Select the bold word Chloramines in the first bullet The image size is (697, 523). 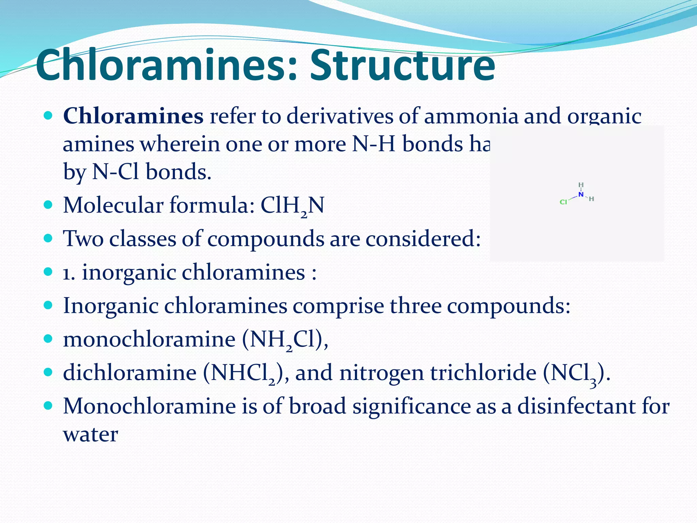tap(133, 116)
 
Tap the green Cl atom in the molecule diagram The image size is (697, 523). tap(563, 202)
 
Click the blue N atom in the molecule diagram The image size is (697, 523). tap(581, 195)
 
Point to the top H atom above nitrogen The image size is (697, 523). tap(581, 185)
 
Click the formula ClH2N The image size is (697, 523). tap(292, 206)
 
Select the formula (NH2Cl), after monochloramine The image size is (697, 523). tap(285, 340)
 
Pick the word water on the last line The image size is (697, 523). tap(91, 435)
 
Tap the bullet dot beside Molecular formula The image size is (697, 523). tap(48, 205)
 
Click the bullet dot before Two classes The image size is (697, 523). tap(48, 238)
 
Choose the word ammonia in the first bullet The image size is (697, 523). tap(471, 116)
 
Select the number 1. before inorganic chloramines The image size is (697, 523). tap(69, 273)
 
